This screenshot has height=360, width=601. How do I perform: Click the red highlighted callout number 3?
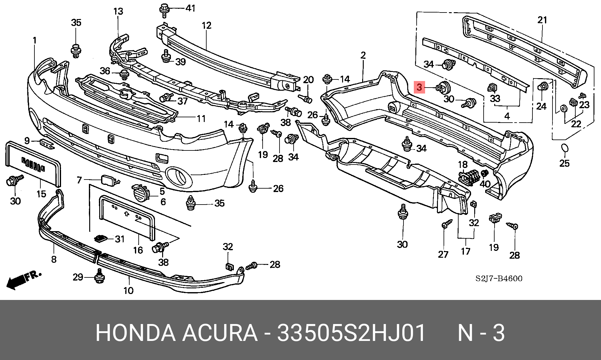coord(419,87)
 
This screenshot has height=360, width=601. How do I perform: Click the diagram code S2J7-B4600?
coord(499,278)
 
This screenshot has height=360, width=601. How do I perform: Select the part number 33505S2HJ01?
coord(351,333)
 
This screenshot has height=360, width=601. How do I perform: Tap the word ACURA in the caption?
coord(220,333)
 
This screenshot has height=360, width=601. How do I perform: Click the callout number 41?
coord(190,8)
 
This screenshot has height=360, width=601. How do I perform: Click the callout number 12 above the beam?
coord(207,26)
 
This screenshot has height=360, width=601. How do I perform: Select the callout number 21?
coord(542,20)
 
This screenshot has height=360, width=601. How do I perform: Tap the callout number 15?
coord(41,194)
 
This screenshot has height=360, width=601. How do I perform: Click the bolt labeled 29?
coord(99,276)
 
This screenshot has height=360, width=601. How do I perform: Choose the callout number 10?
coord(128,291)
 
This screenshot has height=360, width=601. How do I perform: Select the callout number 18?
coord(463,165)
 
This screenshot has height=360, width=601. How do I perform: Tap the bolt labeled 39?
coord(166,57)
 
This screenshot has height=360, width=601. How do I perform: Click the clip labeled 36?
coord(124,75)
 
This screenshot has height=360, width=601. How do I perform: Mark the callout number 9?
coord(27,141)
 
